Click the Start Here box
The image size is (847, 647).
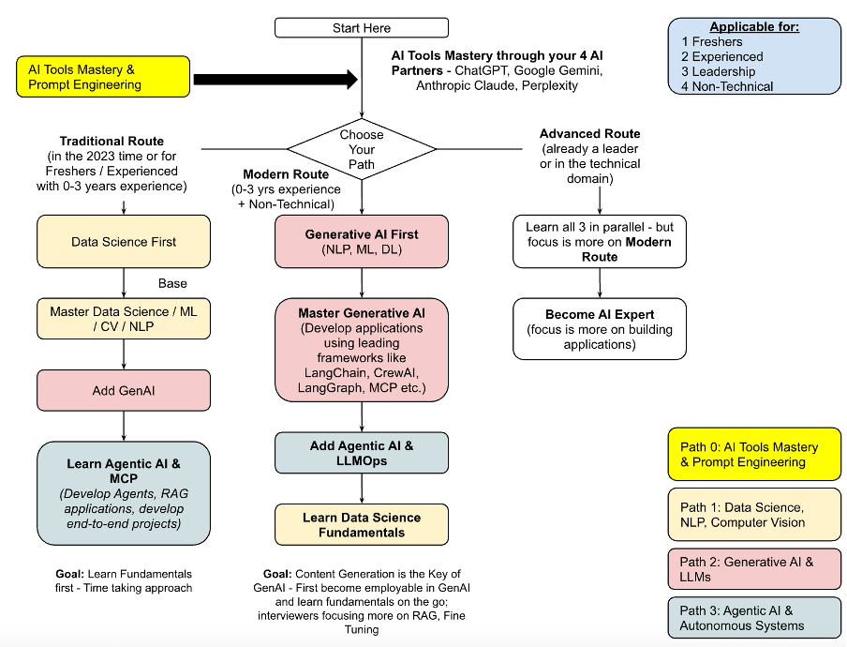pyautogui.click(x=361, y=28)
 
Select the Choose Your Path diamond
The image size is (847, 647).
pyautogui.click(x=362, y=149)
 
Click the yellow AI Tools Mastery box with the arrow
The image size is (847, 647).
pyautogui.click(x=100, y=77)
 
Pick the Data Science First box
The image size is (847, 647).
pyautogui.click(x=124, y=242)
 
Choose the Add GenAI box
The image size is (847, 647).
pyautogui.click(x=124, y=391)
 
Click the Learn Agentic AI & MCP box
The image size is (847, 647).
pyautogui.click(x=124, y=492)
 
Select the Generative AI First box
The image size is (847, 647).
pyautogui.click(x=362, y=241)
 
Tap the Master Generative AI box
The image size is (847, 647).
pyautogui.click(x=362, y=350)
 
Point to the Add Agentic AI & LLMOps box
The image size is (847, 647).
pyautogui.click(x=362, y=453)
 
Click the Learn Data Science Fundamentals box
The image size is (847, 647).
pyautogui.click(x=362, y=525)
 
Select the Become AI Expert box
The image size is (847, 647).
pyautogui.click(x=600, y=328)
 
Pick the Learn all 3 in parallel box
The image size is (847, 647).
pyautogui.click(x=600, y=241)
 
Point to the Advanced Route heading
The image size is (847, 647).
pyautogui.click(x=590, y=134)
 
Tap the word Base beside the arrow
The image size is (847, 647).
pyautogui.click(x=172, y=283)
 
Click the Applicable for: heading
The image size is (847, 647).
pyautogui.click(x=754, y=27)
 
